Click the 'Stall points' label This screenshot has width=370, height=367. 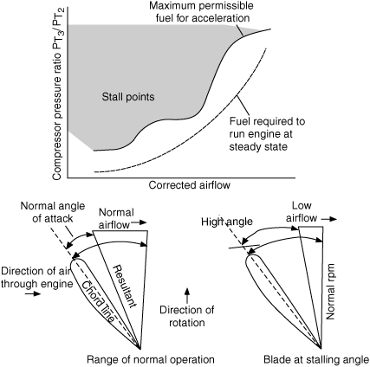pos(128,97)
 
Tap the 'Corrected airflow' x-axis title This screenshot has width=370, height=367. pos(190,185)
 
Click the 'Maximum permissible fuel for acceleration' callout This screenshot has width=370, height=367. pos(201,12)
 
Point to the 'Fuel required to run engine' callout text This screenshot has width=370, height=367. pos(267,134)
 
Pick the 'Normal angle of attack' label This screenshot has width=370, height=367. pos(53,212)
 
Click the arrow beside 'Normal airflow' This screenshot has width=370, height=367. pos(140,222)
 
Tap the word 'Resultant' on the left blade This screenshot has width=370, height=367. pos(125,286)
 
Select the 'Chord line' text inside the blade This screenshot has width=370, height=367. pos(98,300)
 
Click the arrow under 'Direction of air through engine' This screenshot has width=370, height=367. pos(33,293)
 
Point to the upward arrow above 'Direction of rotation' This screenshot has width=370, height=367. pos(187,295)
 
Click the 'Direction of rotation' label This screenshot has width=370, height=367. pos(187,316)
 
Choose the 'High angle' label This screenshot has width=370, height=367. pos(227,222)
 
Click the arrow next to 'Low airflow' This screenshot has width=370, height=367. pos(329,219)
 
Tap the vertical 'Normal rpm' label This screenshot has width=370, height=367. pos(330,291)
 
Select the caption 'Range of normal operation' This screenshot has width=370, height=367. pos(151,360)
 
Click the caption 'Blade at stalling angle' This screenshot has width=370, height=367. pos(316,360)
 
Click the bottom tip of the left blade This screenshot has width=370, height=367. pos(140,349)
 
